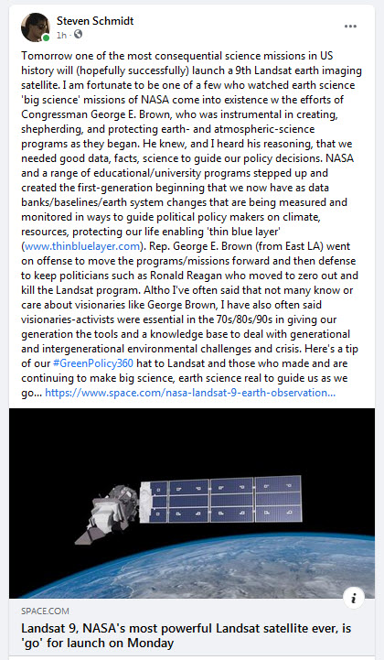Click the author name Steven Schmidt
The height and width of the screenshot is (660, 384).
tap(95, 19)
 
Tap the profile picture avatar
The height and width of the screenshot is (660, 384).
tap(35, 27)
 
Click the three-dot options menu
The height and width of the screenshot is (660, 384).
tap(350, 26)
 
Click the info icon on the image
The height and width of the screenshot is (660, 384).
tap(357, 597)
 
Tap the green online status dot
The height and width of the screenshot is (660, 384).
tap(46, 38)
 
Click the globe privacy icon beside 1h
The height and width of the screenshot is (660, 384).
tap(78, 35)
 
